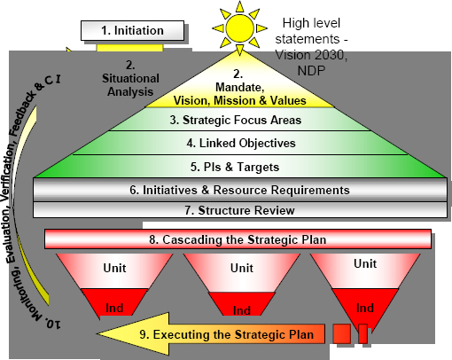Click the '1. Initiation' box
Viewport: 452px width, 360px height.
point(132,30)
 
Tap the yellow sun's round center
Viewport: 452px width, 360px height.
point(239,28)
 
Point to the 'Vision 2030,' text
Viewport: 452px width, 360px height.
point(311,55)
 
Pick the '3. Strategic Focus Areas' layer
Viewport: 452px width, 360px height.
point(239,119)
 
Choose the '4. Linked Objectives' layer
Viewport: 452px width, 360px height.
point(240,143)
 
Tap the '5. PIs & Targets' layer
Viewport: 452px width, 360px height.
point(240,167)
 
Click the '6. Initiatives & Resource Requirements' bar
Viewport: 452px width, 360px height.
point(240,190)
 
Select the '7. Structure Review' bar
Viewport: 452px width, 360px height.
point(240,210)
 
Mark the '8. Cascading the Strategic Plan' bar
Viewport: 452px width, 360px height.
point(238,239)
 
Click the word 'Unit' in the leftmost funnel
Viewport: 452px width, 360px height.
point(114,268)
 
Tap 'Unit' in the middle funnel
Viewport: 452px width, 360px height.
point(242,268)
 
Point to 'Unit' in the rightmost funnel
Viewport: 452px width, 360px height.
point(365,263)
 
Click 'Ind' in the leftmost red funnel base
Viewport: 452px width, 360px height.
point(114,308)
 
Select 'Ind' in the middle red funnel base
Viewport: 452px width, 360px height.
point(242,310)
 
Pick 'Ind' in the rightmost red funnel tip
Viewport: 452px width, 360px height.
point(365,308)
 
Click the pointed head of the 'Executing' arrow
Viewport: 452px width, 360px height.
point(97,334)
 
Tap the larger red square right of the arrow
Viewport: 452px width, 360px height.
point(342,333)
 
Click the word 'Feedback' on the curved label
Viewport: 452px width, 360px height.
point(23,113)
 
